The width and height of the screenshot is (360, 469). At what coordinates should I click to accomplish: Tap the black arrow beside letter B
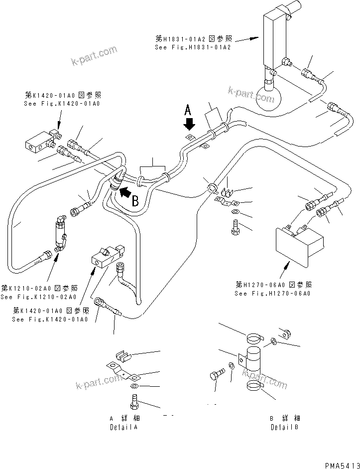tap(126, 190)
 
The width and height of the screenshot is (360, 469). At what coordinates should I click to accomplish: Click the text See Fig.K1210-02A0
tap(38, 297)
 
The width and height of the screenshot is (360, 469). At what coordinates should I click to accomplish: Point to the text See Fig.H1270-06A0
tap(273, 294)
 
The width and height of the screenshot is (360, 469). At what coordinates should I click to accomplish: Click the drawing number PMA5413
tap(342, 465)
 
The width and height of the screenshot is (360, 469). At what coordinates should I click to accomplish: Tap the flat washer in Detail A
tap(134, 386)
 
